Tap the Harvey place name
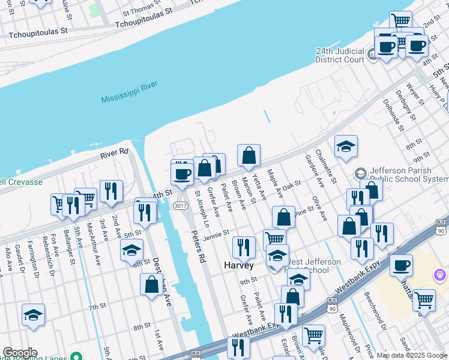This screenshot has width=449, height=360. (239, 265)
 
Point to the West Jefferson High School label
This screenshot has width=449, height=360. (306, 265)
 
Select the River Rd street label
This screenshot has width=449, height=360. (115, 153)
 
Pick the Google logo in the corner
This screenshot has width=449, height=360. (20, 353)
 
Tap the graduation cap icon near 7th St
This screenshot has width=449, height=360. (34, 314)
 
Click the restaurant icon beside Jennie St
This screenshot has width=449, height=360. (244, 247)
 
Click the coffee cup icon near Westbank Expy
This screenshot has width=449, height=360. (401, 265)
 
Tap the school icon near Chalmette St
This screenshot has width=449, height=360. (346, 146)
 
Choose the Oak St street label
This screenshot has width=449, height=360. (291, 187)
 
